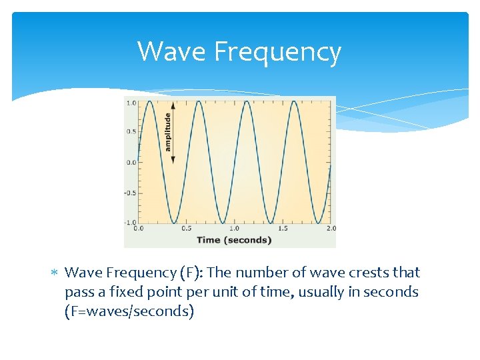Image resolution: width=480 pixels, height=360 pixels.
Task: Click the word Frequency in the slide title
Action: [x=277, y=52]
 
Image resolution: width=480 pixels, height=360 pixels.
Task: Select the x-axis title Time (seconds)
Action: [x=233, y=240]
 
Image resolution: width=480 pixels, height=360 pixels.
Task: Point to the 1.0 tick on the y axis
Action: [x=131, y=103]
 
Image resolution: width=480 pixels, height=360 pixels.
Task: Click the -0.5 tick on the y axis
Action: [x=131, y=193]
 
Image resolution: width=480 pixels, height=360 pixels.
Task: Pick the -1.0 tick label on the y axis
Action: [x=131, y=222]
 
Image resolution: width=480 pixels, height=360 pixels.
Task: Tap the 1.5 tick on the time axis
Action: [x=282, y=229]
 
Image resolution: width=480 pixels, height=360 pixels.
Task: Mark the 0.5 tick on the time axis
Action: [x=186, y=229]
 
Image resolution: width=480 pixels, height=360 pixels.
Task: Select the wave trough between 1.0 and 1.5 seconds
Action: [x=270, y=222]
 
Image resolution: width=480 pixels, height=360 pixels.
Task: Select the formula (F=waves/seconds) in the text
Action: [x=129, y=311]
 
